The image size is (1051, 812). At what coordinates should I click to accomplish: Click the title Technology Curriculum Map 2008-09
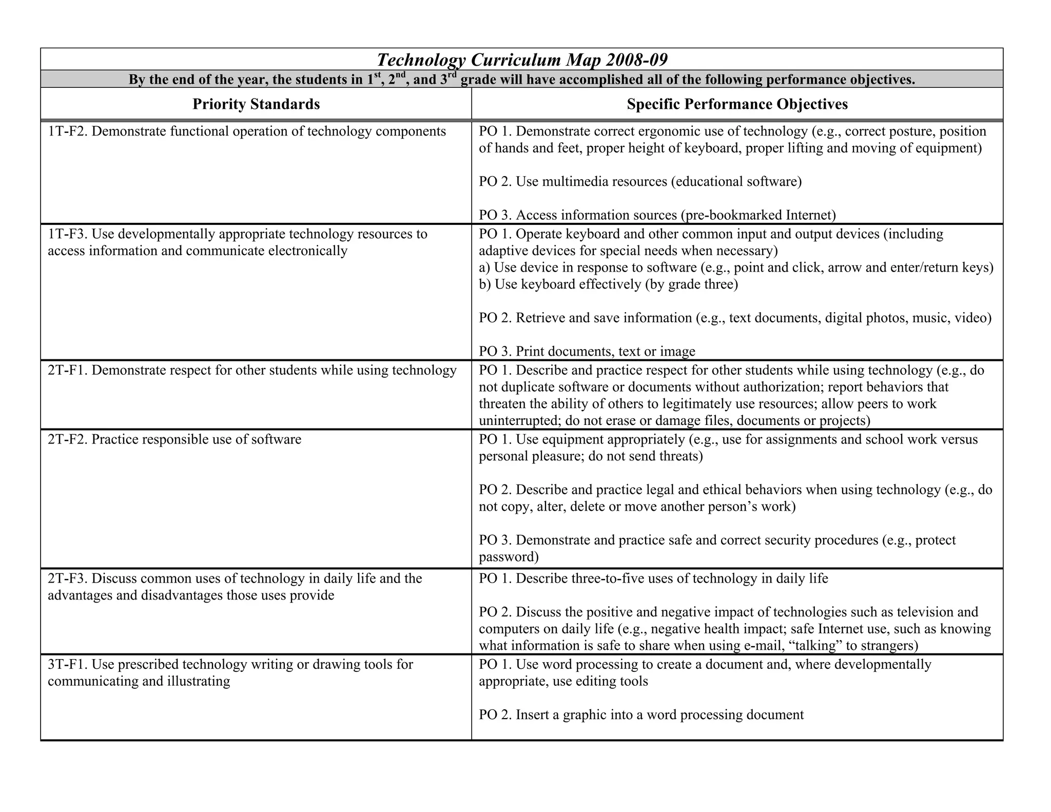(x=522, y=60)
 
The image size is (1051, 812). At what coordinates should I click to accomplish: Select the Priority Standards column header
(x=256, y=104)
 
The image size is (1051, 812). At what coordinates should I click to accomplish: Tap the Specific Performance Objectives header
(x=737, y=104)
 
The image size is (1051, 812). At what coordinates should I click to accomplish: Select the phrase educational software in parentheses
(x=736, y=182)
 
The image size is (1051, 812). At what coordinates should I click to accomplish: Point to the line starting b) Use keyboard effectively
(x=608, y=284)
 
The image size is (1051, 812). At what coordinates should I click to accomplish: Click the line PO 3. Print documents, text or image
(x=587, y=352)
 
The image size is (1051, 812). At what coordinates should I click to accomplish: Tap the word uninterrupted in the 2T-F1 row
(x=518, y=421)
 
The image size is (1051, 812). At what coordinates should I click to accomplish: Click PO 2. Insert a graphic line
(x=641, y=715)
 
